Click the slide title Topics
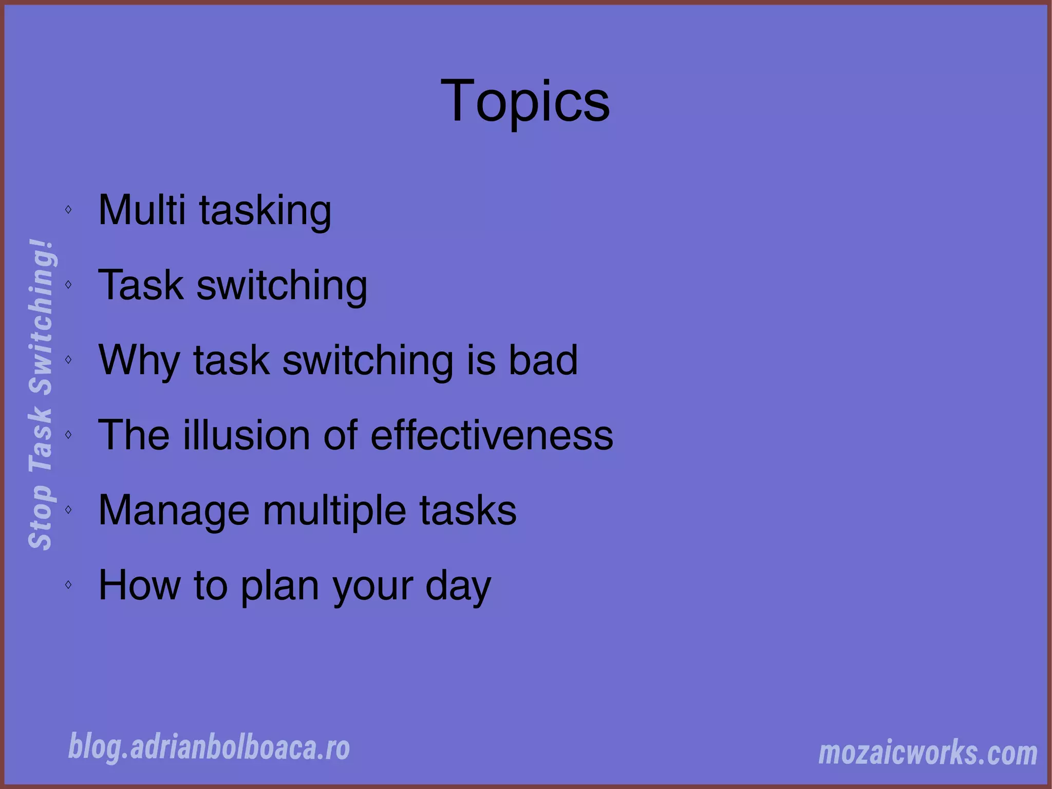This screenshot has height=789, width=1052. pos(525,101)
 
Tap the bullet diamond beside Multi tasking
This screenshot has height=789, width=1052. pos(68,209)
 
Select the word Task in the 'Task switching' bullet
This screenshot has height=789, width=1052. pos(141,285)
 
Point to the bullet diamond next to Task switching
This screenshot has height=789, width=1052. pos(68,284)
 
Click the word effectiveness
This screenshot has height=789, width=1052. pos(492,435)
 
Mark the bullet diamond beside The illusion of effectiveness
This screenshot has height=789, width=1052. pos(68,434)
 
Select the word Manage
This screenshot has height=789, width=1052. pos(174,510)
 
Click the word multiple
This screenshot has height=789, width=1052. pos(334,510)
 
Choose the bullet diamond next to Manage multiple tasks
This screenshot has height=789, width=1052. pos(68,509)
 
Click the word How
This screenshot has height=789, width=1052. pos(139,585)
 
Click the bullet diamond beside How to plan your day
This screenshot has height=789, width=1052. pos(68,584)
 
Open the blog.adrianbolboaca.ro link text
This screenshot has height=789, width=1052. pos(209,747)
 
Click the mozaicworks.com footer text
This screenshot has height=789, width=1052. pos(928,753)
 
